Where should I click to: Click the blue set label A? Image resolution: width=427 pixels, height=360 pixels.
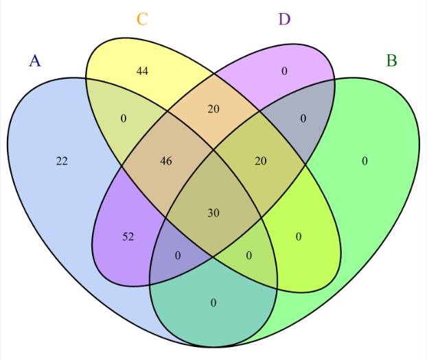[x=35, y=60]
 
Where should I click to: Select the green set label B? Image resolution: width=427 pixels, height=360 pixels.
[x=391, y=60]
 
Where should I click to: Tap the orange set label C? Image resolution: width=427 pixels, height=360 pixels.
[x=142, y=19]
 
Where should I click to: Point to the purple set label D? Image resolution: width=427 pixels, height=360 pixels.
[x=284, y=19]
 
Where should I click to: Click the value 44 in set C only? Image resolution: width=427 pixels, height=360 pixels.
[x=142, y=71]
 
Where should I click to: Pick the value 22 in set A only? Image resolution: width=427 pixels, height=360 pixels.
[x=62, y=161]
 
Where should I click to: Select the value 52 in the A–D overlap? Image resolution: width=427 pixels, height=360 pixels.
[x=128, y=237]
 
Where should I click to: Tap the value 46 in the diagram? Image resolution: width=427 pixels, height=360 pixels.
[x=165, y=161]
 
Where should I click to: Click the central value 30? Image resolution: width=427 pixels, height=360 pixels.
[x=213, y=213]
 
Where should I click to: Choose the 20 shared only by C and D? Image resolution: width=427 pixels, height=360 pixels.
[x=213, y=108]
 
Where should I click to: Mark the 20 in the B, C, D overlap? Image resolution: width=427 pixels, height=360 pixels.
[x=260, y=161]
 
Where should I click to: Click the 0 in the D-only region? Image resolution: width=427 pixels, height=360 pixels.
[x=284, y=71]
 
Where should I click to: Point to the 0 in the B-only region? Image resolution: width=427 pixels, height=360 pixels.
[x=365, y=161]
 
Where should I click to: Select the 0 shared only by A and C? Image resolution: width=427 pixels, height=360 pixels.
[x=124, y=119]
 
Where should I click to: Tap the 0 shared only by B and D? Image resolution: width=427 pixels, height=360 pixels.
[x=303, y=119]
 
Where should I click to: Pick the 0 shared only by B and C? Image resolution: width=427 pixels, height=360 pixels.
[x=299, y=237]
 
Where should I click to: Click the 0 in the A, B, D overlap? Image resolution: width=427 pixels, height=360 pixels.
[x=178, y=256]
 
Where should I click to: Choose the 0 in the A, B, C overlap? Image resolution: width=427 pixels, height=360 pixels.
[x=249, y=256]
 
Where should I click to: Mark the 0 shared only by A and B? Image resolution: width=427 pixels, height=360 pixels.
[x=213, y=302]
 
